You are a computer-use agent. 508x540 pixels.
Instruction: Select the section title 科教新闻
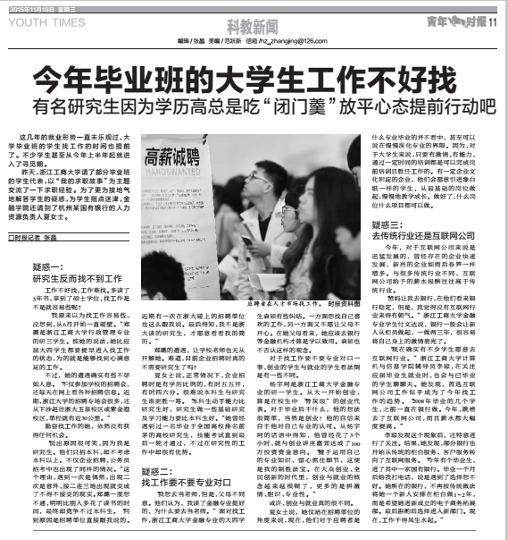[254, 24]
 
